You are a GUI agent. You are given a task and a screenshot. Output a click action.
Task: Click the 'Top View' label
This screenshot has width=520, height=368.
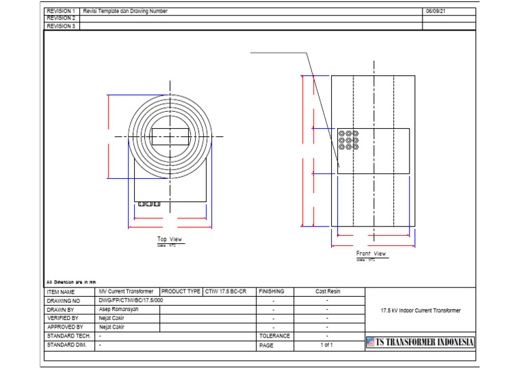(170, 239)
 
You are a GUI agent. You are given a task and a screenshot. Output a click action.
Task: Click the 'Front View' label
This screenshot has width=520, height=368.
(371, 253)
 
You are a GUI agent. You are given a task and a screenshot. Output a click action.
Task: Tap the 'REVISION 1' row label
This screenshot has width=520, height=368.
(61, 12)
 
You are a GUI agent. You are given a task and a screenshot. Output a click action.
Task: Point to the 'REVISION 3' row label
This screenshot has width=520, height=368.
(61, 26)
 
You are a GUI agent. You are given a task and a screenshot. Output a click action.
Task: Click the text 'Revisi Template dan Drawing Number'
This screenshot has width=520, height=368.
(125, 12)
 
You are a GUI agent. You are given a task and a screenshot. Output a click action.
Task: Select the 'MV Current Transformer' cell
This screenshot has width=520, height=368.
(126, 291)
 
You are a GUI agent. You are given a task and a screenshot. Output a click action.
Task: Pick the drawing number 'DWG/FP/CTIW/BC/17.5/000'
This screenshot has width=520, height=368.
(131, 300)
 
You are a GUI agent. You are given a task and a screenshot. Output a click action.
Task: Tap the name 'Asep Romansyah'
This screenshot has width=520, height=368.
(118, 309)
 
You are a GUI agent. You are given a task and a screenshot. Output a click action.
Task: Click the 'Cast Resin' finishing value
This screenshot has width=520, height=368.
(328, 291)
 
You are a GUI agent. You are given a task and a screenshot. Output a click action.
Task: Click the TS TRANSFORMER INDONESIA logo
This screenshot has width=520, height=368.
(420, 342)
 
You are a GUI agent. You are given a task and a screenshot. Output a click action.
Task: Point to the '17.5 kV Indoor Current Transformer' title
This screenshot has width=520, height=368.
(420, 310)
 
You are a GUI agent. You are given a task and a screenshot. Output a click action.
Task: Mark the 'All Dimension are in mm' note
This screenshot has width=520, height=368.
(71, 282)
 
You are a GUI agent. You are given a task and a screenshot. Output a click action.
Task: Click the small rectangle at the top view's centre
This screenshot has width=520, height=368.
(170, 136)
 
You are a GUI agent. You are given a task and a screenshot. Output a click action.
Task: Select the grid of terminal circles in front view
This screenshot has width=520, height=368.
(349, 140)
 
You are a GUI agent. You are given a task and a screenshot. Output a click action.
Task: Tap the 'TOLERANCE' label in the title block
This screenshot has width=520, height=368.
(274, 335)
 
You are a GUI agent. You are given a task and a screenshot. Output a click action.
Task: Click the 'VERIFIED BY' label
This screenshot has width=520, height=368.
(62, 318)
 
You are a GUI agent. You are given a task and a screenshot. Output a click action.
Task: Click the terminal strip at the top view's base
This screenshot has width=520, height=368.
(149, 203)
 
